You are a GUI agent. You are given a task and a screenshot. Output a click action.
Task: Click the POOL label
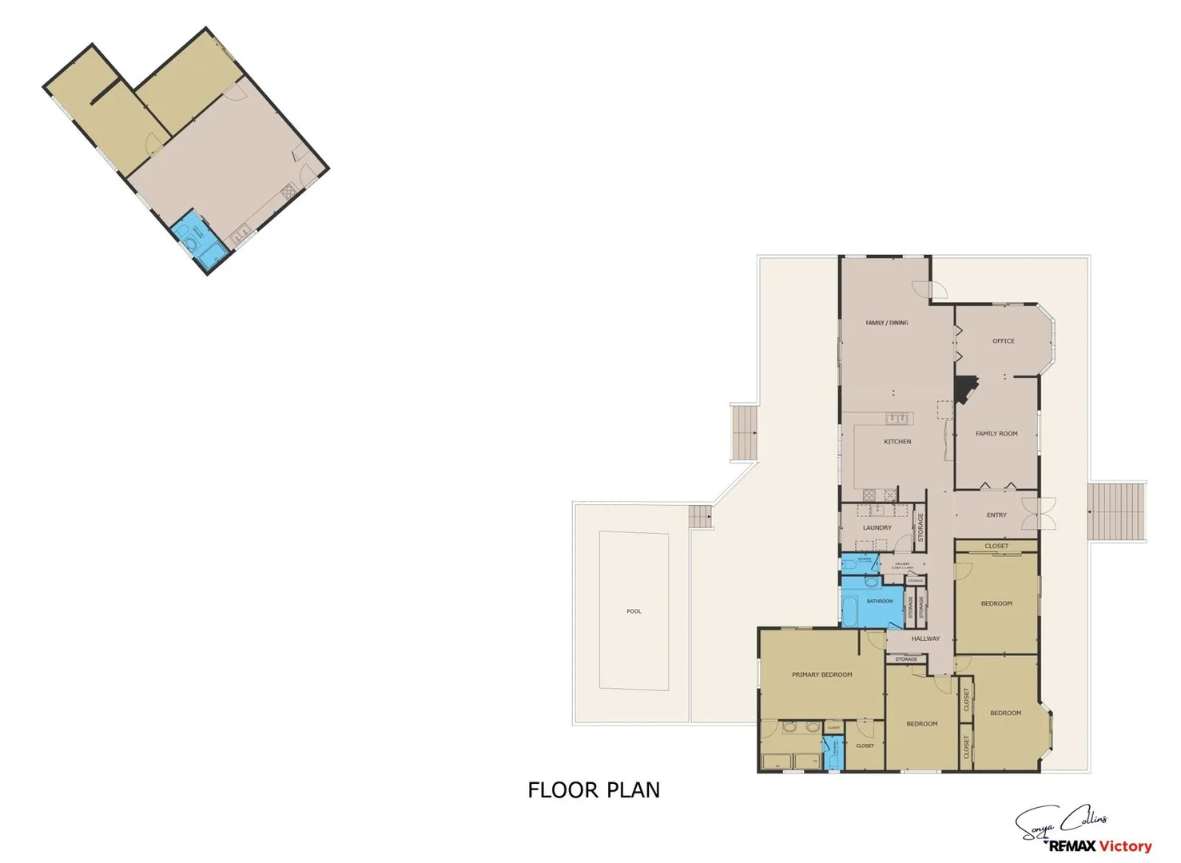point(634,611)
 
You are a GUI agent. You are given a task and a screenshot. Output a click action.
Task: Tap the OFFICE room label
point(1003,341)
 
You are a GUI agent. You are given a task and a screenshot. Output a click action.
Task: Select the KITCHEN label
point(897,442)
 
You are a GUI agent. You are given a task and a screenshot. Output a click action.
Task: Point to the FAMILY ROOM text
point(996,434)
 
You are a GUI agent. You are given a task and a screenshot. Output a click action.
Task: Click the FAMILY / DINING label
point(887,323)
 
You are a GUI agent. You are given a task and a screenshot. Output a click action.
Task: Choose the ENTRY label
point(996,515)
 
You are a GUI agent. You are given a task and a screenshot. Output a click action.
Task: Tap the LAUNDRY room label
point(877,528)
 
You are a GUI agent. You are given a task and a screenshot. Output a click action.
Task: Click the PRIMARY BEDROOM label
point(821,675)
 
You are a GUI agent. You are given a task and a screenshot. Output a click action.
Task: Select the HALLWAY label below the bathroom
point(925,638)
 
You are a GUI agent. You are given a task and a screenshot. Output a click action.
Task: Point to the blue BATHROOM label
point(880,601)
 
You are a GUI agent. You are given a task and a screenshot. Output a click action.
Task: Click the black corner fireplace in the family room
point(966,390)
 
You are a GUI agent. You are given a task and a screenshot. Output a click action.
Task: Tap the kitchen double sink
point(898,418)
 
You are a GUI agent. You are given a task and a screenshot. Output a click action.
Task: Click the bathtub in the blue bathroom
point(851,613)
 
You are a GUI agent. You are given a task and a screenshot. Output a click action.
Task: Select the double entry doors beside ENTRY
point(1044,514)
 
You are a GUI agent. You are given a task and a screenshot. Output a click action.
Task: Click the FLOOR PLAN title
point(594,790)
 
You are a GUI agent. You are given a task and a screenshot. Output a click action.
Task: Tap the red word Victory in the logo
point(1125,846)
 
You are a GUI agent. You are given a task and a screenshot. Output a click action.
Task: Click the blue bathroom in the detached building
point(197,237)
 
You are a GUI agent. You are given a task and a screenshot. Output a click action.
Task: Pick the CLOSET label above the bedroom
point(996,547)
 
